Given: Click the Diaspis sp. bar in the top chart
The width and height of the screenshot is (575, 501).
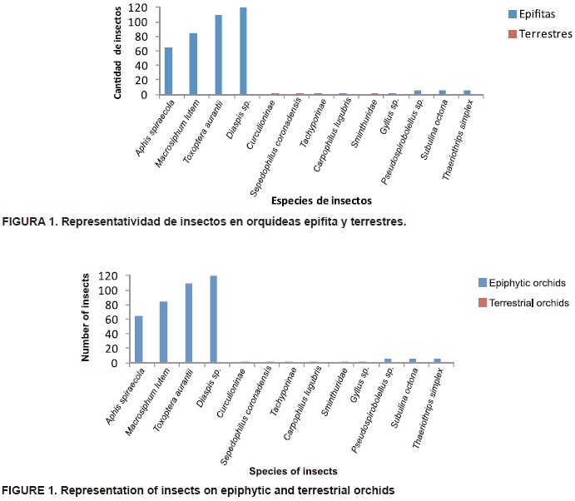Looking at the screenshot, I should [243, 52].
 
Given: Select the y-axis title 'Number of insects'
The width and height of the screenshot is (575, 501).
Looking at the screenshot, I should [87, 320].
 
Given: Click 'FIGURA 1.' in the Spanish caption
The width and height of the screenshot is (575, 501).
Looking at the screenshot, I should [31, 222].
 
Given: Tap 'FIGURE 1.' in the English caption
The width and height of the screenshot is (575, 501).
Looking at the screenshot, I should [31, 489].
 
